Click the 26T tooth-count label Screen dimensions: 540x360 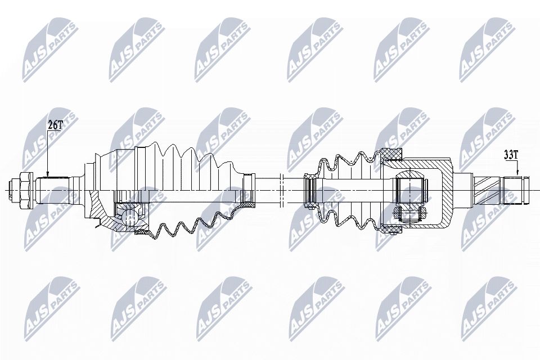point(55,125)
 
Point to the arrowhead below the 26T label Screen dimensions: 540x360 point(48,174)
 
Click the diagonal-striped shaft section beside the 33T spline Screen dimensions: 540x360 point(488,190)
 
